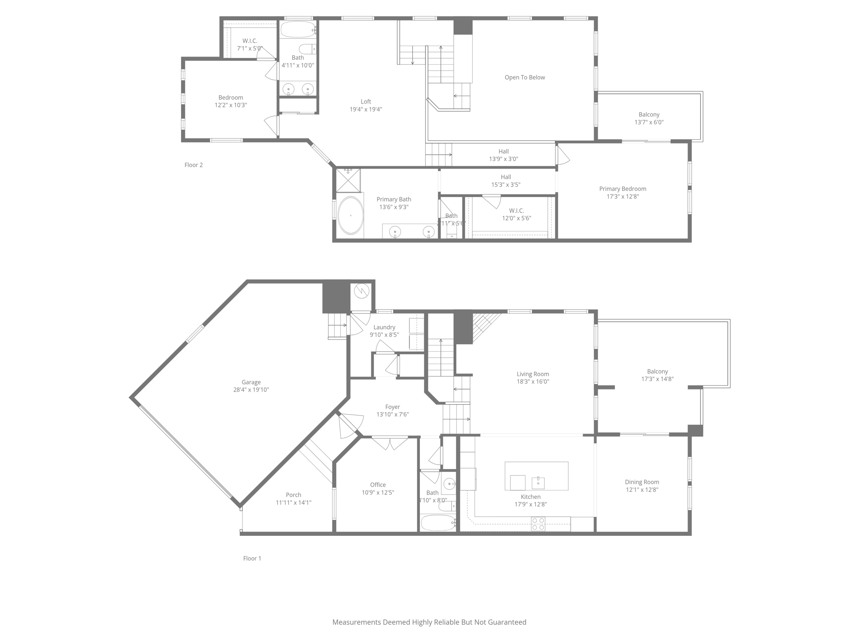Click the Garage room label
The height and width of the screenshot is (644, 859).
click(x=251, y=382)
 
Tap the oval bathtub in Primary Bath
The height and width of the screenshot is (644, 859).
click(x=351, y=215)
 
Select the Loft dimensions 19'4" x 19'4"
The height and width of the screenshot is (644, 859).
click(x=366, y=109)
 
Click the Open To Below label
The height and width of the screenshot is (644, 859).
click(x=525, y=78)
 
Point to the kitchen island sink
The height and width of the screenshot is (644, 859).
click(x=538, y=483)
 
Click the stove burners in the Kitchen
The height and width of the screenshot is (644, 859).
click(x=538, y=524)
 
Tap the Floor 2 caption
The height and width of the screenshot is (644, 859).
click(x=193, y=165)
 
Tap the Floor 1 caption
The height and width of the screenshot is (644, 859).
click(x=252, y=558)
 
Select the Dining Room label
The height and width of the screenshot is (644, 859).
click(x=642, y=482)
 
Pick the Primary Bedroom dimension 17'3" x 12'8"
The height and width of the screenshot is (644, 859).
click(x=622, y=197)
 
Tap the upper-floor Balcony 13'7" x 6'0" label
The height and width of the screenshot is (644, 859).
click(x=649, y=114)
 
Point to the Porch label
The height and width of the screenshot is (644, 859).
click(x=293, y=495)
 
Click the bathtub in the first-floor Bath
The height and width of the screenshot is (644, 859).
click(x=437, y=523)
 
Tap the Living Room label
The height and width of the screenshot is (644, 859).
click(x=533, y=374)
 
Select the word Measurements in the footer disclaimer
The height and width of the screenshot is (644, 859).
click(x=356, y=622)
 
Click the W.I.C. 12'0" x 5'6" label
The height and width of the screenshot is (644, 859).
click(x=516, y=211)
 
